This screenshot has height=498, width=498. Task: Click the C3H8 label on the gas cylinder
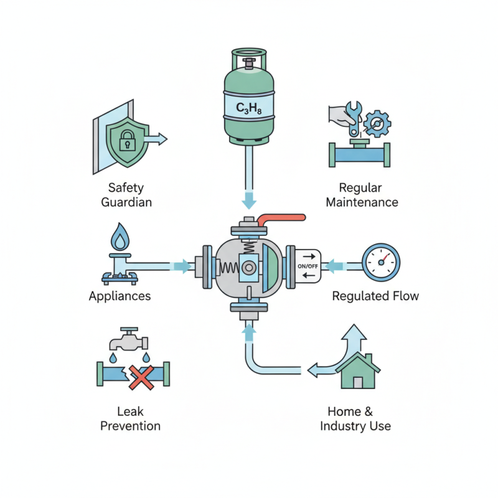coord(249,108)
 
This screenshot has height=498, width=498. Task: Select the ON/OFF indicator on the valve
coord(308,266)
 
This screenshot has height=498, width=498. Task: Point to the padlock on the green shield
coord(128,141)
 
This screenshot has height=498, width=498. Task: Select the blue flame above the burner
coord(119,237)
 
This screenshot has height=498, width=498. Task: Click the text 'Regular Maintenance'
coord(362,194)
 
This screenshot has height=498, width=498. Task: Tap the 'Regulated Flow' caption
coord(375,296)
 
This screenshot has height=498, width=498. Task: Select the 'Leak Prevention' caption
coord(130,418)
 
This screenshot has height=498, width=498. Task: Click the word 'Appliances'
coord(120,296)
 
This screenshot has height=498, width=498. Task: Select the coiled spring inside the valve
coord(229,267)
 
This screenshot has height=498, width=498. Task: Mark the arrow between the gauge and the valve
coord(336,266)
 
